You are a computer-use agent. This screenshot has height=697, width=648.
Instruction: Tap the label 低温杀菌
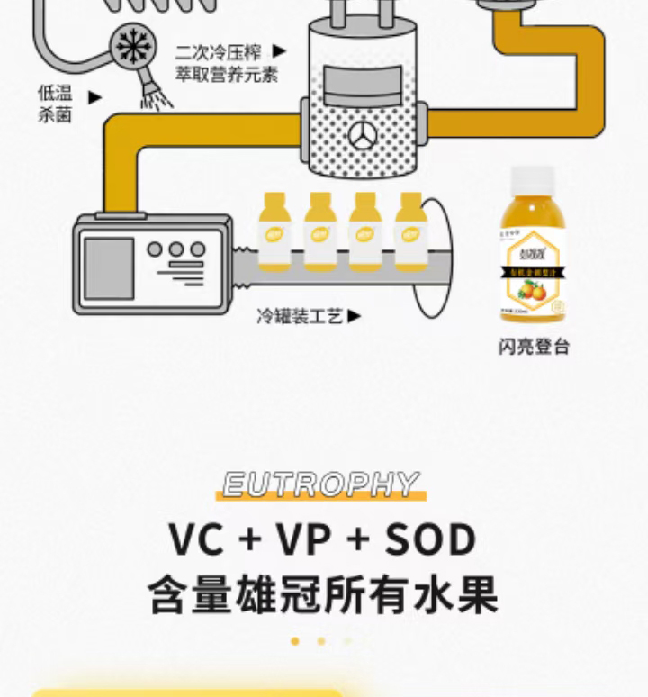pyautogui.click(x=55, y=104)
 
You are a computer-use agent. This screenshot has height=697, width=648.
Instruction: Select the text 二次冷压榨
pyautogui.click(x=219, y=52)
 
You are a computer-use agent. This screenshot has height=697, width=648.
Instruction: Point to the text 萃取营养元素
pyautogui.click(x=226, y=75)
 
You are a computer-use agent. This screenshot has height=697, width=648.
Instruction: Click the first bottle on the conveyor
pyautogui.click(x=274, y=231)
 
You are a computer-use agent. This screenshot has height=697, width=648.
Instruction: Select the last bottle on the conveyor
pyautogui.click(x=409, y=231)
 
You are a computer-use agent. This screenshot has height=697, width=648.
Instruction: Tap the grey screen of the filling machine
pyautogui.click(x=109, y=268)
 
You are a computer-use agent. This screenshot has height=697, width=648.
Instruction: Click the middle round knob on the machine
pyautogui.click(x=176, y=249)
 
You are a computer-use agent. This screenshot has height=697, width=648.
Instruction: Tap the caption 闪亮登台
pyautogui.click(x=534, y=348)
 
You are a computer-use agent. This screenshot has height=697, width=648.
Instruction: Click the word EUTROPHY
pyautogui.click(x=320, y=485)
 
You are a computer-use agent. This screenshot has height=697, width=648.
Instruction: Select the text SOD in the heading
pyautogui.click(x=430, y=540)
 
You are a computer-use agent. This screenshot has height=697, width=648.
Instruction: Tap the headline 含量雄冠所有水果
pyautogui.click(x=323, y=596)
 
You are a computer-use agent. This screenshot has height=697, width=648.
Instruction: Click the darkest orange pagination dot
pyautogui.click(x=295, y=641)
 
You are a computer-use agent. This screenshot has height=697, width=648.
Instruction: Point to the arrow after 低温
pyautogui.click(x=94, y=96)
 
